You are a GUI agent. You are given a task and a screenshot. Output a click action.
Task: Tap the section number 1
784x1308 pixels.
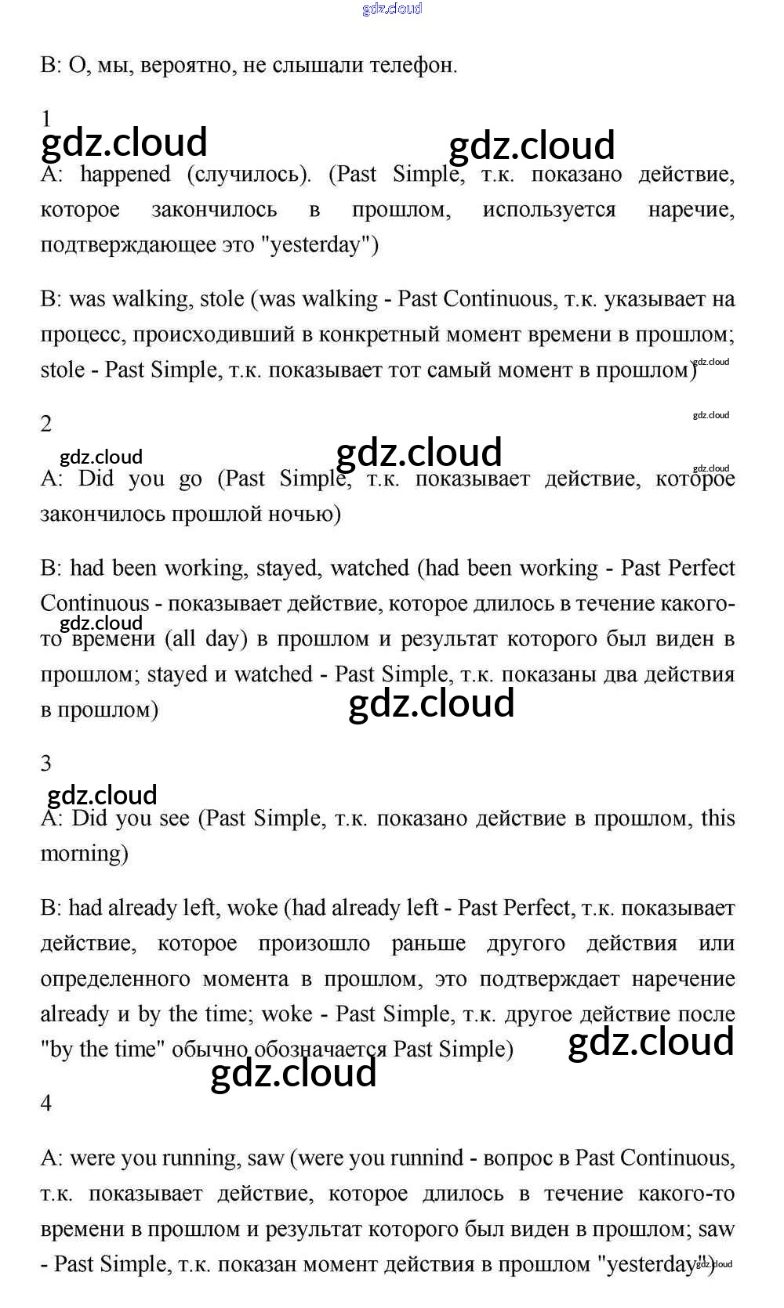46,118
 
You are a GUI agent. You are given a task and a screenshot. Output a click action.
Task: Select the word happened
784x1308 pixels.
125,174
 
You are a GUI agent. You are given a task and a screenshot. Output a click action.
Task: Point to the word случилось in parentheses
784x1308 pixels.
249,174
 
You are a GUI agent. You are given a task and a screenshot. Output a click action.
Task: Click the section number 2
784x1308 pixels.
46,424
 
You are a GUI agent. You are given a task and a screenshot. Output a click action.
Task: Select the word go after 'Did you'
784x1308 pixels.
191,479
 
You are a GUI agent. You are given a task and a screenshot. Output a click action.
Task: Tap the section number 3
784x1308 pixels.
46,763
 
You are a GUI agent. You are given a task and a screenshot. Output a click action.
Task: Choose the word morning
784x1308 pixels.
84,854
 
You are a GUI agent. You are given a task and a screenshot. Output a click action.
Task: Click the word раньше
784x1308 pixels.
428,944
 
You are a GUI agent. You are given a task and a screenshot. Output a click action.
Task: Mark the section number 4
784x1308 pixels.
46,1103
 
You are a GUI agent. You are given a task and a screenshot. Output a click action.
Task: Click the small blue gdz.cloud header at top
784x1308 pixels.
392,9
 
